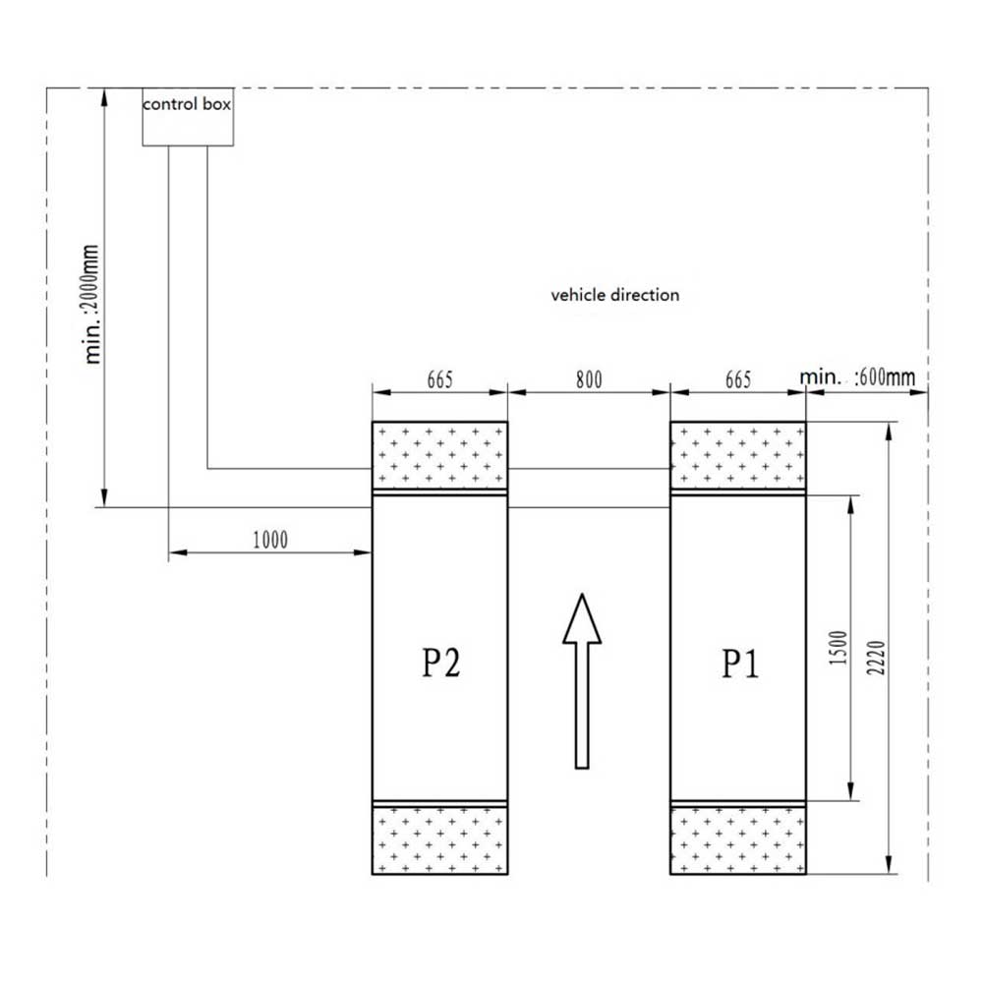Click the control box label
[187, 104]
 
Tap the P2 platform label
[440, 663]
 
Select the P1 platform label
[740, 664]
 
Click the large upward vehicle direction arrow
[582, 681]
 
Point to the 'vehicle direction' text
[615, 295]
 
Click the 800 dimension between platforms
[589, 379]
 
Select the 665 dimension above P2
[439, 379]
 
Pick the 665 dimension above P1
[738, 379]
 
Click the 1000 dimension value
[270, 540]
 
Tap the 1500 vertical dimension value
[838, 648]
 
